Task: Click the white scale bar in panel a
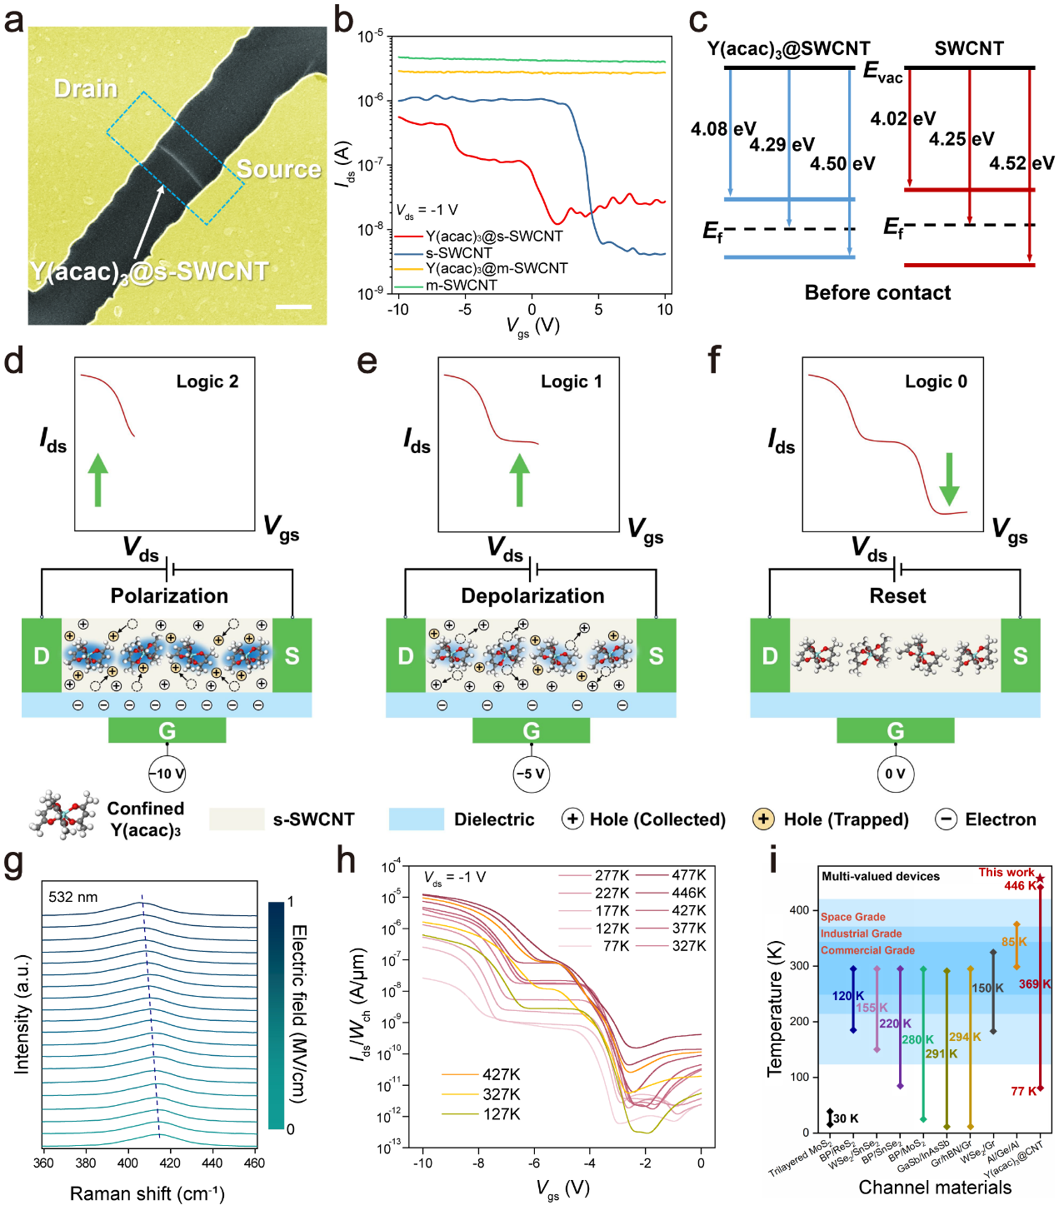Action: pyautogui.click(x=293, y=306)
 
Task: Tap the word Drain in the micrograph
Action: pyautogui.click(x=86, y=89)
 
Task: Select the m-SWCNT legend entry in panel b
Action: pyautogui.click(x=461, y=285)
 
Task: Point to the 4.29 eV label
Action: pyautogui.click(x=782, y=145)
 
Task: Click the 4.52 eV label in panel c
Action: pyautogui.click(x=1022, y=163)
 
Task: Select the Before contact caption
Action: pyautogui.click(x=877, y=293)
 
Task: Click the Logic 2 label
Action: pyautogui.click(x=207, y=381)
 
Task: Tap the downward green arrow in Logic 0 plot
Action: pyautogui.click(x=948, y=480)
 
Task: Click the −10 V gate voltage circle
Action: pyautogui.click(x=167, y=774)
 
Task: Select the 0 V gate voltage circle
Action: pyautogui.click(x=895, y=774)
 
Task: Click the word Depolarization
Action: pyautogui.click(x=532, y=596)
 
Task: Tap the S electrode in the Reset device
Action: pyautogui.click(x=1020, y=656)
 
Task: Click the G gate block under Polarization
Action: pyautogui.click(x=167, y=730)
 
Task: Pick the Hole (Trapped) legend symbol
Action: pyautogui.click(x=762, y=819)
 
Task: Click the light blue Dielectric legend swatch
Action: pyautogui.click(x=416, y=819)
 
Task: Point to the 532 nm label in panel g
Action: pyautogui.click(x=73, y=897)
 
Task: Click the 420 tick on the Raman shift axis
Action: pyautogui.click(x=170, y=1163)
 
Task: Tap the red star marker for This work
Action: pyautogui.click(x=1040, y=879)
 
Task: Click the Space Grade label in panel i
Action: pyautogui.click(x=852, y=917)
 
